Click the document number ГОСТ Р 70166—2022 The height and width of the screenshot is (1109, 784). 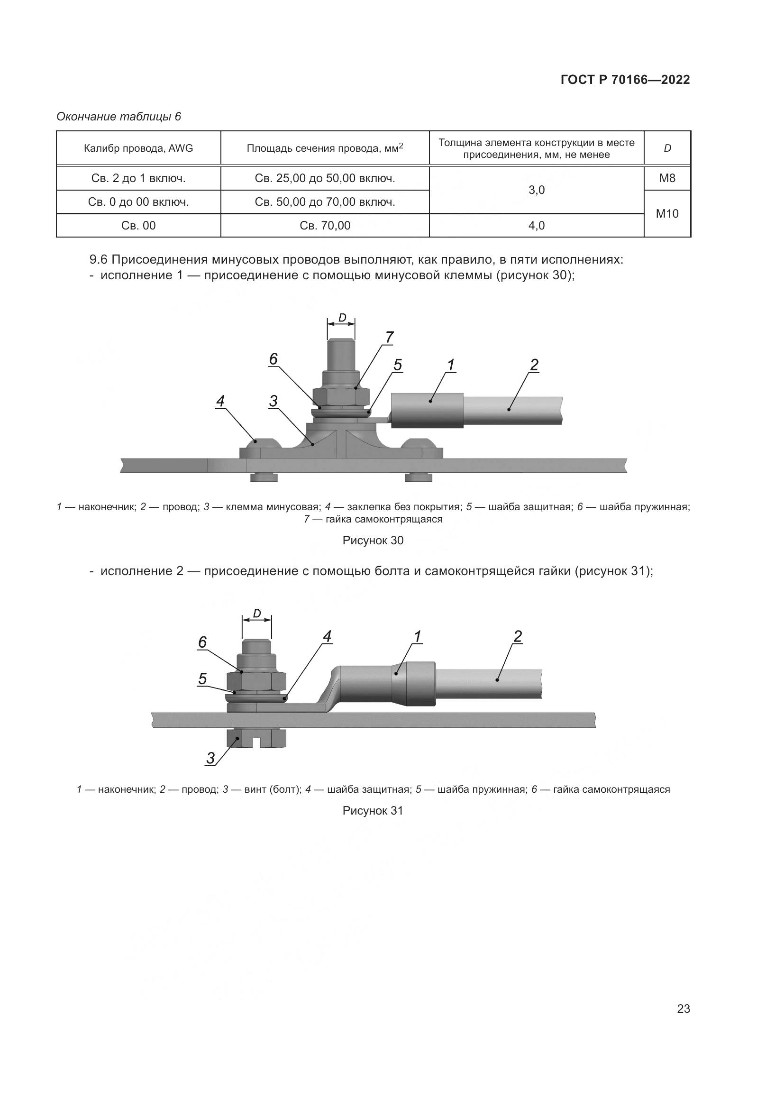[625, 80]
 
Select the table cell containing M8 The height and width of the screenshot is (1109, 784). [667, 178]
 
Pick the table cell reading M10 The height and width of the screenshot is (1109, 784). [667, 213]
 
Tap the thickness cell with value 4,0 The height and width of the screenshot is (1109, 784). [537, 226]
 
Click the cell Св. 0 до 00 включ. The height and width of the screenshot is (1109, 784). [138, 202]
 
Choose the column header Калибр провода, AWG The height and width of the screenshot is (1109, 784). [138, 148]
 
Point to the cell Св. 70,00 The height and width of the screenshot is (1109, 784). [325, 226]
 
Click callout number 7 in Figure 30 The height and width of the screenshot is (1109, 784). [389, 337]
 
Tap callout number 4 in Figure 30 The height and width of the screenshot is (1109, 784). [220, 401]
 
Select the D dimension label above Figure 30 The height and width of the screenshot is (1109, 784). [342, 318]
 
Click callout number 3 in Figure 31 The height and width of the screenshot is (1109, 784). [210, 758]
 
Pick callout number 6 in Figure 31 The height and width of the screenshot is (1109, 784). [203, 642]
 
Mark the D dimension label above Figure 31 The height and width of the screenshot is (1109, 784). [257, 614]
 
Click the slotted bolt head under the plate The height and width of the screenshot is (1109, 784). [256, 739]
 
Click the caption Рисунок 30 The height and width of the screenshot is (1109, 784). [373, 541]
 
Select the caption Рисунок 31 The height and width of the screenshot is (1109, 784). [373, 810]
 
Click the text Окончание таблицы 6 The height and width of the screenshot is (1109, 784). [119, 117]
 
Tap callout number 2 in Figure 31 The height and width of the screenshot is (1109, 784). [518, 637]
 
